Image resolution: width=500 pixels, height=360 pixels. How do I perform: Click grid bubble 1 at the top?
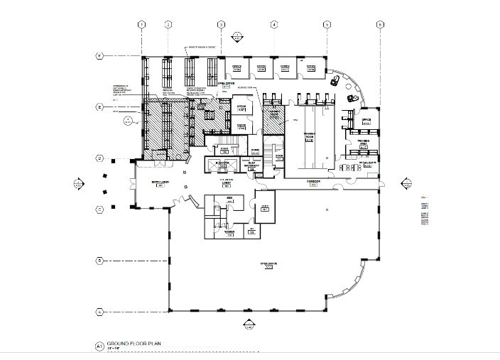[142, 25]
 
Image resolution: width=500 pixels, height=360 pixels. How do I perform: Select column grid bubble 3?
[221, 25]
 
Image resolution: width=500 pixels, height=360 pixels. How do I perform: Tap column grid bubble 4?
[273, 25]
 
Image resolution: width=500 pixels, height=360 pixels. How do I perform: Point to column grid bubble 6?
[381, 25]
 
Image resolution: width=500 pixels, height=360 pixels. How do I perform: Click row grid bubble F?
[100, 55]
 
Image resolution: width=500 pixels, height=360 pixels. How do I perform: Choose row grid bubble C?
[100, 209]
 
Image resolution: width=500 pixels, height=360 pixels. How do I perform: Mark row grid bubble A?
[100, 311]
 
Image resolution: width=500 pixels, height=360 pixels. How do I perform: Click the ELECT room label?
[264, 207]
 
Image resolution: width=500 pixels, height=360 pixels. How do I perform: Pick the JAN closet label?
[252, 229]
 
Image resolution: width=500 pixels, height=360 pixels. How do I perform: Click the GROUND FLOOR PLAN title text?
[134, 344]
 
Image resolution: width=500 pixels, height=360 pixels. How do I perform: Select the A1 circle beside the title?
[99, 347]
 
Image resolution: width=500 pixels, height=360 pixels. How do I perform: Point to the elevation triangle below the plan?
[249, 325]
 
